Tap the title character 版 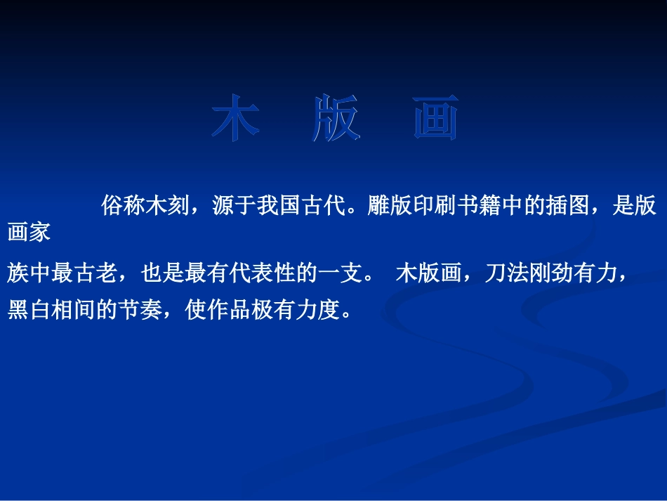tap(336, 117)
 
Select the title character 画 tap(436, 117)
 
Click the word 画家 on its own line tap(29, 232)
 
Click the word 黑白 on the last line tap(29, 310)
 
